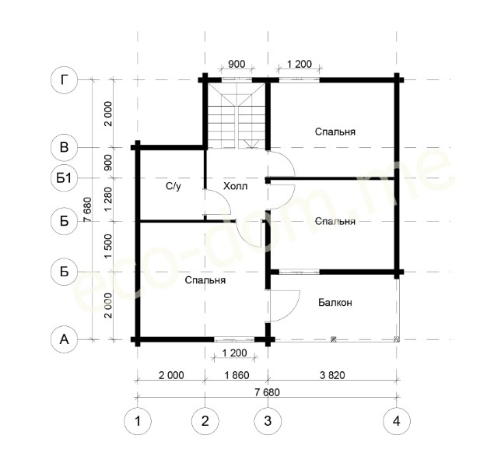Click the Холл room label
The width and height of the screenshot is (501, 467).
(x=235, y=186)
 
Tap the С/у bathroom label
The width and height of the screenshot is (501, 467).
(x=173, y=186)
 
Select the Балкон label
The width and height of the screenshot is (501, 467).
(x=335, y=303)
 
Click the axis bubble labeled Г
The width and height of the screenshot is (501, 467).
(x=65, y=80)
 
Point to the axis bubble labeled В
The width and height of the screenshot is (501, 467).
(x=65, y=147)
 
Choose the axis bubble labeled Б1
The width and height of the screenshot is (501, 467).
(x=65, y=177)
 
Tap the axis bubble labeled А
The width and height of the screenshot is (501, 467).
(x=65, y=339)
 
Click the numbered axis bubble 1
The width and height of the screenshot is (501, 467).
(x=138, y=421)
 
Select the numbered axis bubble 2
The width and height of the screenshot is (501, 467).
(x=205, y=421)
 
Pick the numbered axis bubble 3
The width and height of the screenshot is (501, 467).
(x=268, y=421)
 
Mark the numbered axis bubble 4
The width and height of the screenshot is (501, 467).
(x=397, y=421)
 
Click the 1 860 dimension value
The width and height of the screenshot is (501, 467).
(x=236, y=375)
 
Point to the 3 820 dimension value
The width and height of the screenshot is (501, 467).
(x=332, y=375)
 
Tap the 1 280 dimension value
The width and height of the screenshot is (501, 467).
(x=109, y=198)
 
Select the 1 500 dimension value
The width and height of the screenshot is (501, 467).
(x=109, y=247)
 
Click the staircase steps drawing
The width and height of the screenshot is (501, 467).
(x=236, y=116)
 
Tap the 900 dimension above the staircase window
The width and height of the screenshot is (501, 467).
(x=236, y=64)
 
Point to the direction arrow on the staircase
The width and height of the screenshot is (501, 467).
(x=251, y=144)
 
